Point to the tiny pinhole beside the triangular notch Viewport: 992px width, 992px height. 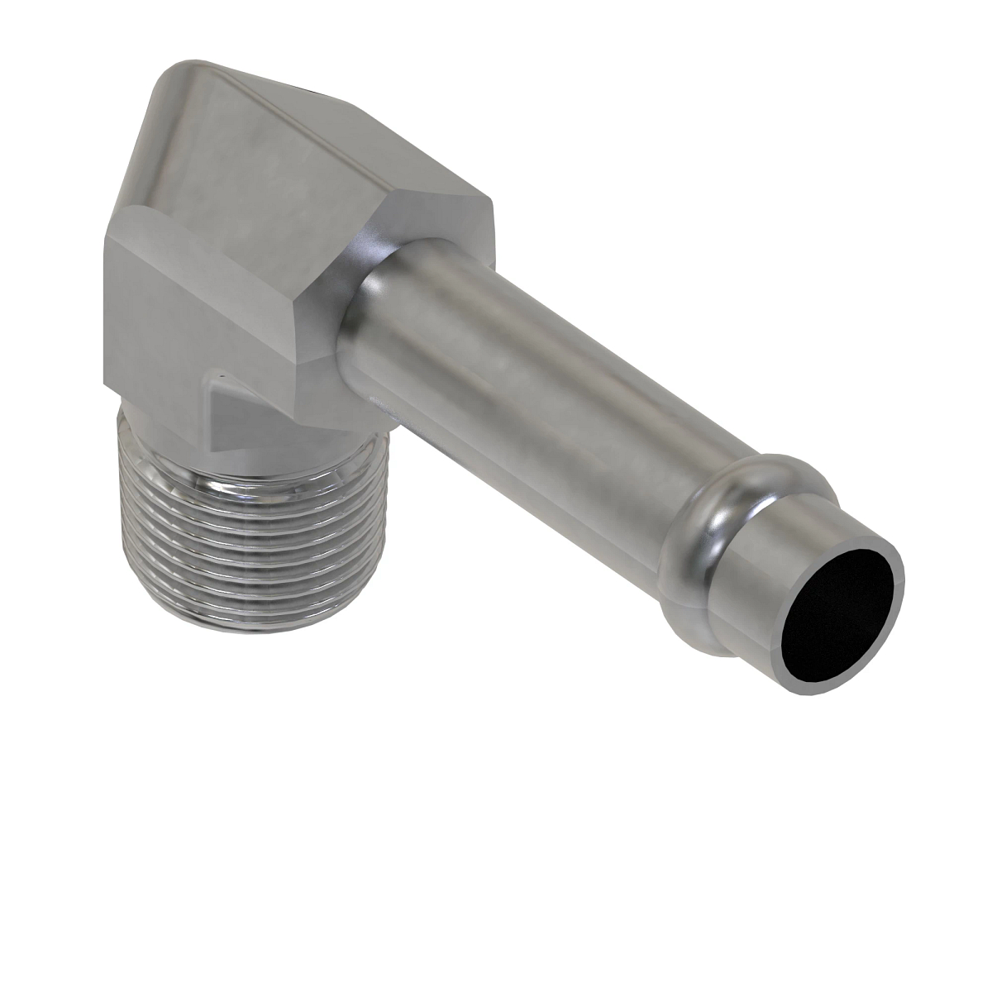pos(214,381)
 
